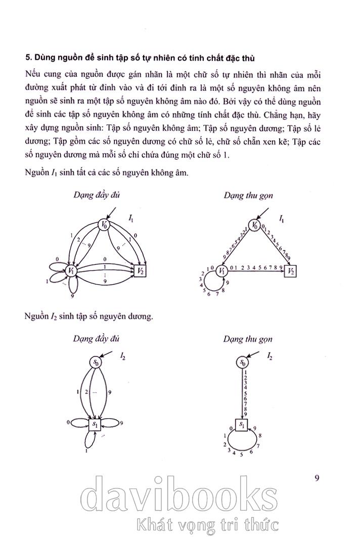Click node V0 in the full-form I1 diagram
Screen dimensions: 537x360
click(x=104, y=224)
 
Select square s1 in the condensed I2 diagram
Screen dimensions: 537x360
click(x=242, y=426)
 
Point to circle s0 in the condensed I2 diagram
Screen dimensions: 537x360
click(x=244, y=363)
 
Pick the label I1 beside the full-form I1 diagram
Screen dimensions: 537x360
click(x=131, y=219)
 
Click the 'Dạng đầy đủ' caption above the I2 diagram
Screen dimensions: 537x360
click(x=96, y=339)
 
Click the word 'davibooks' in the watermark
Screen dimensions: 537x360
click(x=179, y=498)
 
